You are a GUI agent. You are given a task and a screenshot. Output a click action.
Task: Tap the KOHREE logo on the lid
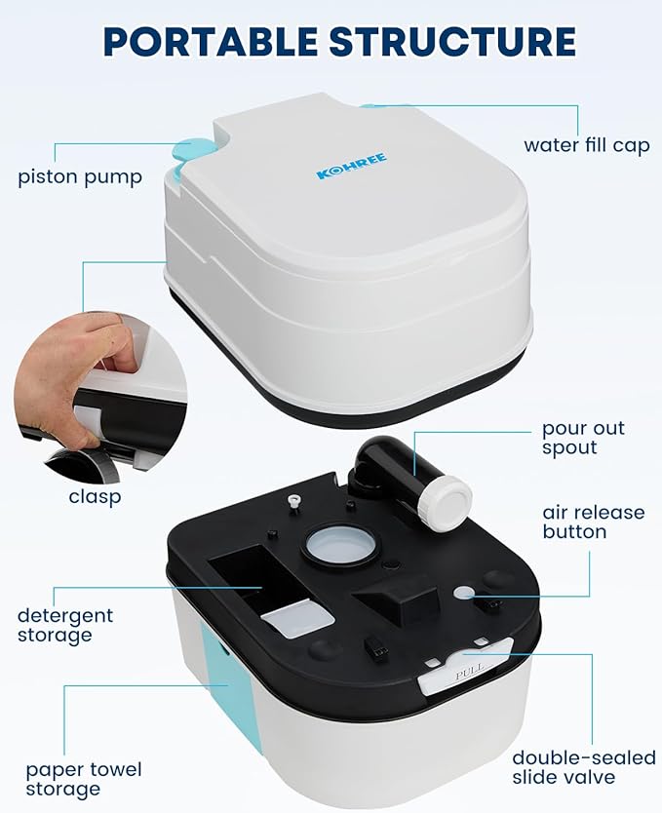(352, 166)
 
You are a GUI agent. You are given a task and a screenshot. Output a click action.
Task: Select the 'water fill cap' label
(586, 145)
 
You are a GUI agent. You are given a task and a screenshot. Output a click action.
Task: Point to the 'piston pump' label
(80, 177)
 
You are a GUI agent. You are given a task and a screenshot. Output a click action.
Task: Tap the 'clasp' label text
(95, 497)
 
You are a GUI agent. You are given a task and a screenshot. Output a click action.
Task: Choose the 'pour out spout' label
(583, 438)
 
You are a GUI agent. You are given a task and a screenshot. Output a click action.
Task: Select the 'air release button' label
(594, 523)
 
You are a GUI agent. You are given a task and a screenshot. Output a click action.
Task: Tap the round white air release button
(464, 592)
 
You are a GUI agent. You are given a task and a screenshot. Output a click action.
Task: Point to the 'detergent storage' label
(65, 625)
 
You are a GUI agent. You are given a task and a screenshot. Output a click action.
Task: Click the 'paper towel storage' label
(84, 779)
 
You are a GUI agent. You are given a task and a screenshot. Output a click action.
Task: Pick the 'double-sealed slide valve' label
(584, 767)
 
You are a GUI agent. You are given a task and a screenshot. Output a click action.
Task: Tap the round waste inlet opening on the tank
(340, 546)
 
